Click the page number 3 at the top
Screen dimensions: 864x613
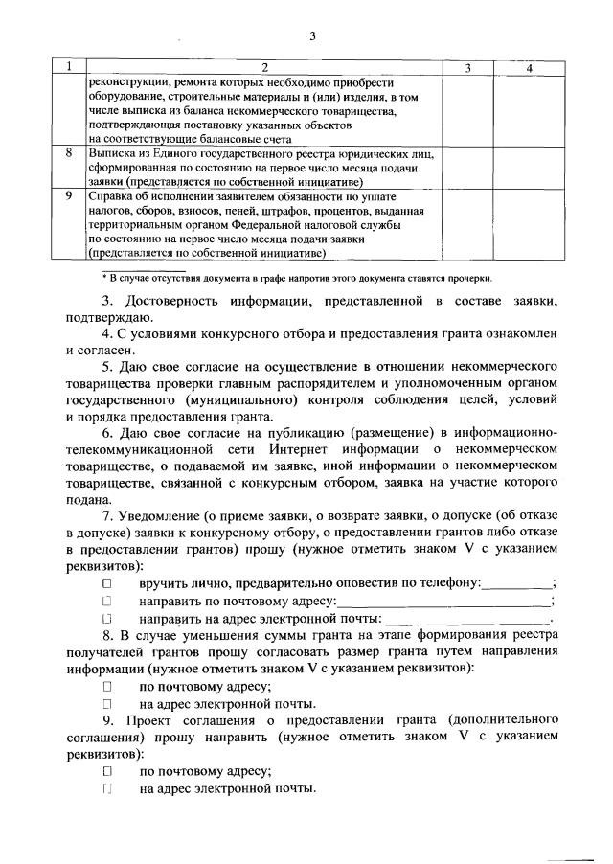tap(312, 37)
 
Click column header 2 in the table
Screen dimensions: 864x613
tap(264, 68)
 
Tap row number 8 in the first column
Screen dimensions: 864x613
tap(67, 153)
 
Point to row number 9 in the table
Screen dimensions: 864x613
tap(67, 195)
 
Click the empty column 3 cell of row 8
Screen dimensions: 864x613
tap(466, 167)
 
